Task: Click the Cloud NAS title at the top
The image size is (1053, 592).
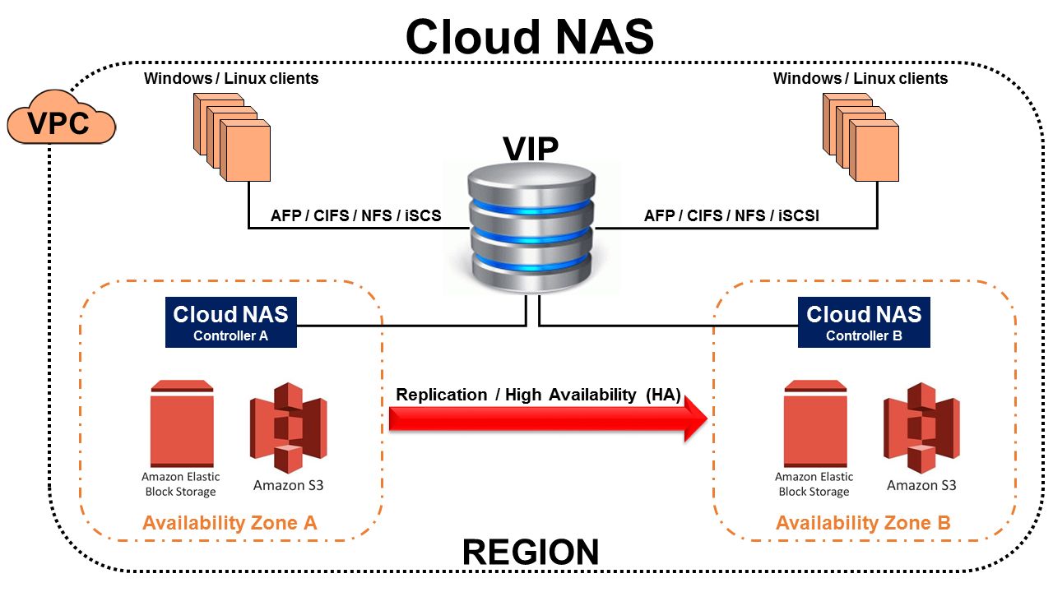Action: tap(529, 36)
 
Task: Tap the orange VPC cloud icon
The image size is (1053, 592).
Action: tap(59, 123)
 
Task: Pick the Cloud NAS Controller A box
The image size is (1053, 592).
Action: tap(230, 322)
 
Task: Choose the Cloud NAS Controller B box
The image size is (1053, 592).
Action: tap(864, 322)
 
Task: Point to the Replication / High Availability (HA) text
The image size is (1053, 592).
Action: tap(539, 395)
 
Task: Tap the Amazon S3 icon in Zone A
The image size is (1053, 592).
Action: tap(288, 428)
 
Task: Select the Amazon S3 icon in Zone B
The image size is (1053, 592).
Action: tap(921, 428)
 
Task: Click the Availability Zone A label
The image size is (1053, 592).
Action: tap(230, 523)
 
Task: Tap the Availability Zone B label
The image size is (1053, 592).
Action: tap(863, 523)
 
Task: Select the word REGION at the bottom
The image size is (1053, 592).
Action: tap(531, 553)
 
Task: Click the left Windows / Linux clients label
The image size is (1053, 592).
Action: tap(231, 79)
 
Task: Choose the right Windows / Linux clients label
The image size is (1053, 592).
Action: tap(860, 79)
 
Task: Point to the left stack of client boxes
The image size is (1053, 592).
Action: tap(233, 136)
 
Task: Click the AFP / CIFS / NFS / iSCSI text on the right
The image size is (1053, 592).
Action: tap(731, 216)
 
